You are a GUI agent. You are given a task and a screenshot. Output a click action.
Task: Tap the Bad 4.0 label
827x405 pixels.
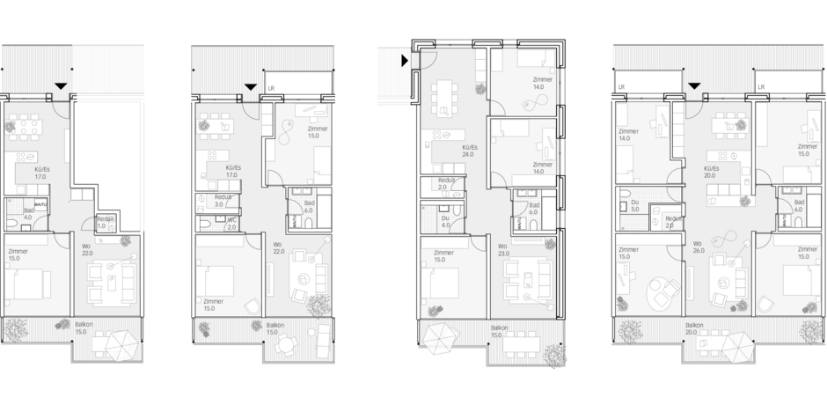28,214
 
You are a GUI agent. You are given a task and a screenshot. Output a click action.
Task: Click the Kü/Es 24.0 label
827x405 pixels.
467,151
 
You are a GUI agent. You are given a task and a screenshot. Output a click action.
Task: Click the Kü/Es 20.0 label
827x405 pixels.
712,171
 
